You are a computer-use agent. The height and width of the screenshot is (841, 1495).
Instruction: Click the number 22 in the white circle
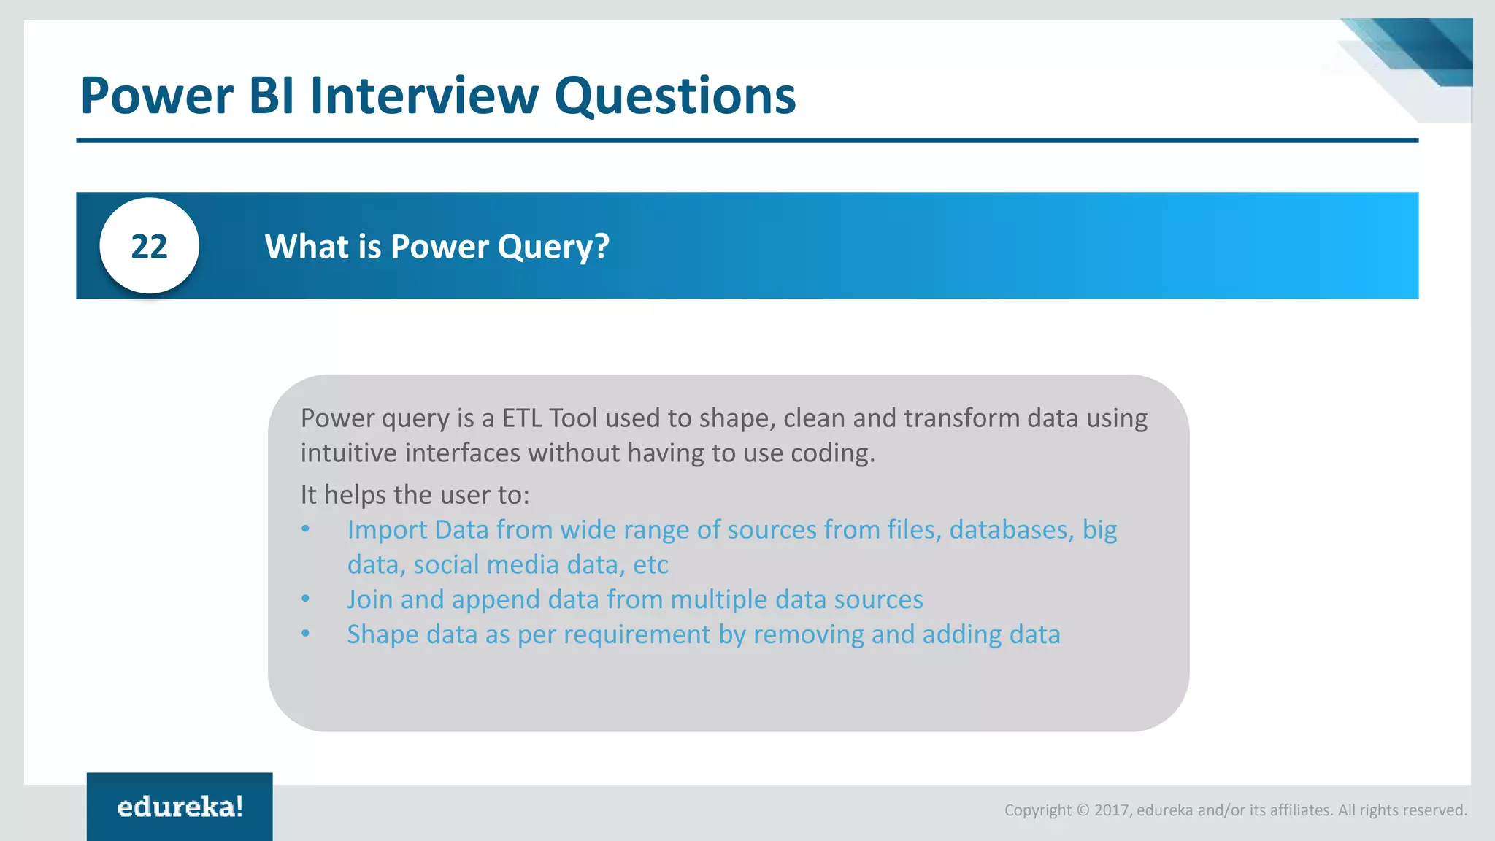click(149, 247)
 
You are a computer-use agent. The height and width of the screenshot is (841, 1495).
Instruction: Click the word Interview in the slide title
click(424, 96)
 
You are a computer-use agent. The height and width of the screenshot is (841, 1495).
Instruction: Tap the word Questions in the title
click(675, 96)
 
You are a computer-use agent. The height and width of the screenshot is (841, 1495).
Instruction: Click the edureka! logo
click(180, 807)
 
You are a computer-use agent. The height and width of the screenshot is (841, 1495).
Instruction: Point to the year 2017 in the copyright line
click(1112, 810)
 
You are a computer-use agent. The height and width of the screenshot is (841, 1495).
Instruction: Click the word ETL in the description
click(522, 418)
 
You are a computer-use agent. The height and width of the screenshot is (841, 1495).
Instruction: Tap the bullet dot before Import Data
click(306, 529)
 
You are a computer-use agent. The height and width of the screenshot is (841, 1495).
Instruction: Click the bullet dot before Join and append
click(306, 599)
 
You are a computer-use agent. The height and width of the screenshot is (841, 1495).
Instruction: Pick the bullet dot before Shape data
click(306, 634)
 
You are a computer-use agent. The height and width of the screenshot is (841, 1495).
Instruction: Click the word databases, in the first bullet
click(1011, 530)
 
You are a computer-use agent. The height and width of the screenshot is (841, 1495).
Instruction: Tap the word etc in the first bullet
click(650, 565)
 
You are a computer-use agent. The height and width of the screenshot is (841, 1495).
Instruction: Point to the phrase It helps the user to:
click(415, 495)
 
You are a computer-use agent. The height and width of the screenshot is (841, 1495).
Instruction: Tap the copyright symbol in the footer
click(1083, 810)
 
